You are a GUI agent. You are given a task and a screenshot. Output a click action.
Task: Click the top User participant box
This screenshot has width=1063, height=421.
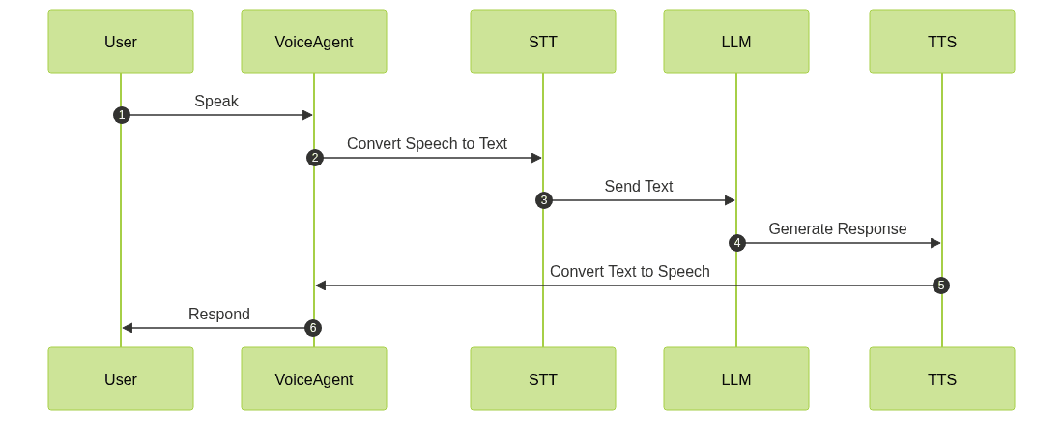point(121,42)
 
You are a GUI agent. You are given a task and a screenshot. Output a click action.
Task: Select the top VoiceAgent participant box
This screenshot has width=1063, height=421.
point(314,42)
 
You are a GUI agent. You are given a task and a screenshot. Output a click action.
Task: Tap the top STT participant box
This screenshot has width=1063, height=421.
point(543,42)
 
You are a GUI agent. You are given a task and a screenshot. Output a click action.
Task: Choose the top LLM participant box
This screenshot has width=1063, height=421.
point(736,42)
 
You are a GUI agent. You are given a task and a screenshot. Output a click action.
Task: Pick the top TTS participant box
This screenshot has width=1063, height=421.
point(942,42)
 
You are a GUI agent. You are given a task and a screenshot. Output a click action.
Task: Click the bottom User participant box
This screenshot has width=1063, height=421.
point(121,379)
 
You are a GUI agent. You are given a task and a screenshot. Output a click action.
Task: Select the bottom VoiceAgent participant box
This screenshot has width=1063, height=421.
point(314,379)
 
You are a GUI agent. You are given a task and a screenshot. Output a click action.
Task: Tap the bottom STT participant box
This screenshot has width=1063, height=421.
point(543,379)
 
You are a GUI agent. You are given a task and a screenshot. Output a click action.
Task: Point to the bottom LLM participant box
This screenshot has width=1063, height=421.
point(736,379)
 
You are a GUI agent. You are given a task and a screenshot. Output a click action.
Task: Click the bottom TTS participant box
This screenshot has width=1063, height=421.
point(942,379)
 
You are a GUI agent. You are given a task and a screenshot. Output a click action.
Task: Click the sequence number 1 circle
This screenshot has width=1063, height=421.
point(121,115)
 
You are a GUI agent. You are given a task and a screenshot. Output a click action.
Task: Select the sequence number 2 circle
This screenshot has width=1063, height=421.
point(314,158)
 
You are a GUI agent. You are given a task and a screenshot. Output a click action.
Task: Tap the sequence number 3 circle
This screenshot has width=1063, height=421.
point(543,200)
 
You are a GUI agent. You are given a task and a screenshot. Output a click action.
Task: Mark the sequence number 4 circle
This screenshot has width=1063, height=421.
point(736,243)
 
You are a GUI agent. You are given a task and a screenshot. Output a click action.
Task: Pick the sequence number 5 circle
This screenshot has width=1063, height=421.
point(941,286)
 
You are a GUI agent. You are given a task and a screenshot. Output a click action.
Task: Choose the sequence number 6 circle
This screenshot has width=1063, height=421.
point(312,328)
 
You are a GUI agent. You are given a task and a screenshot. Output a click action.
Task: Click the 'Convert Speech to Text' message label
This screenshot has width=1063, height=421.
point(427,143)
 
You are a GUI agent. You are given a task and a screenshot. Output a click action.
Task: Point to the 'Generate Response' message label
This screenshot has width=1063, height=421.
point(838,228)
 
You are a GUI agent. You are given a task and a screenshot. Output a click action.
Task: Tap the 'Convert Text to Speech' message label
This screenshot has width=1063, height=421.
point(629,271)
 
